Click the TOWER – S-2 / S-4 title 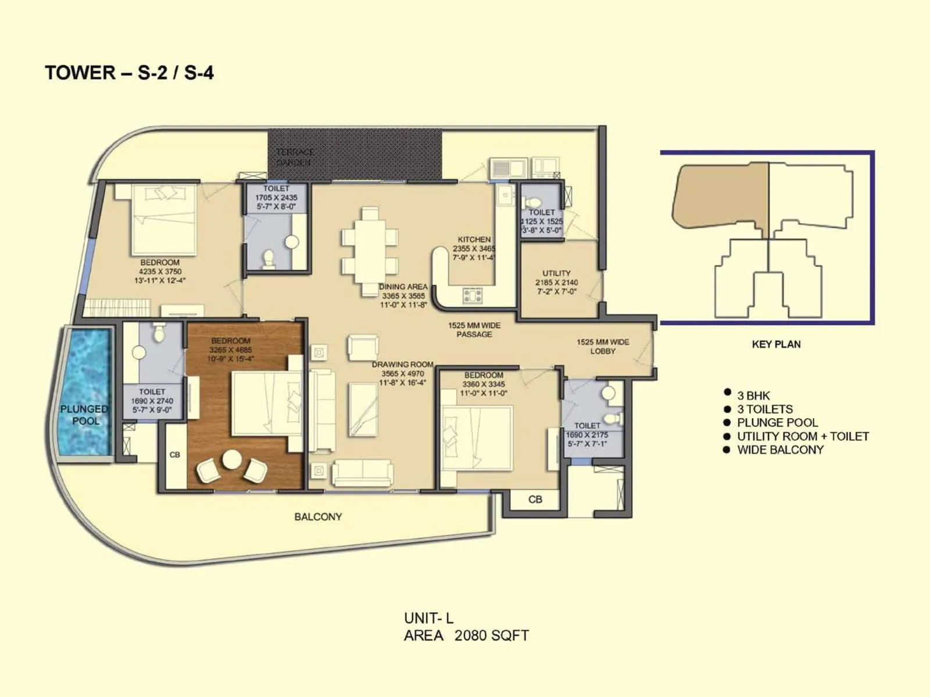129,73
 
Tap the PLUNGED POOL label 85,415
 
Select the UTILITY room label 556,273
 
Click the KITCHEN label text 474,239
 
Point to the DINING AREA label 403,287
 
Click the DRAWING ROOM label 402,365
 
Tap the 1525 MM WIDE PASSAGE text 474,330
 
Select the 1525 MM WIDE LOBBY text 602,347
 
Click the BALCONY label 318,516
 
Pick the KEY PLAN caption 776,344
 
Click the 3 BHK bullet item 753,396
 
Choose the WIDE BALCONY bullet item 780,450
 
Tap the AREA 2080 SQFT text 466,635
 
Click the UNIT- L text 428,618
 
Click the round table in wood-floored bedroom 232,459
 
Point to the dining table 370,252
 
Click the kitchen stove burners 473,296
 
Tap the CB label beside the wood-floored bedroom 174,455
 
